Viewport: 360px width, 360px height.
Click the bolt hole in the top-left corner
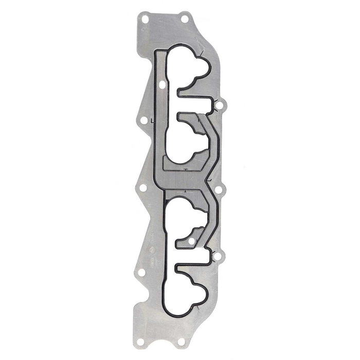point(145,19)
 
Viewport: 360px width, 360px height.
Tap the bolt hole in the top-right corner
point(184,19)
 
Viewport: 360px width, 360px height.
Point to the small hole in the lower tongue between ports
point(191,241)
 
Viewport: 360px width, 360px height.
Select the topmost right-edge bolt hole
point(219,106)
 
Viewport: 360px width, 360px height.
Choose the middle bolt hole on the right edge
point(218,190)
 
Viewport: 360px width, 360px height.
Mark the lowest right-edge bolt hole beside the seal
point(218,256)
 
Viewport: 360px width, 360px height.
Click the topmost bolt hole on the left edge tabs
point(144,121)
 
